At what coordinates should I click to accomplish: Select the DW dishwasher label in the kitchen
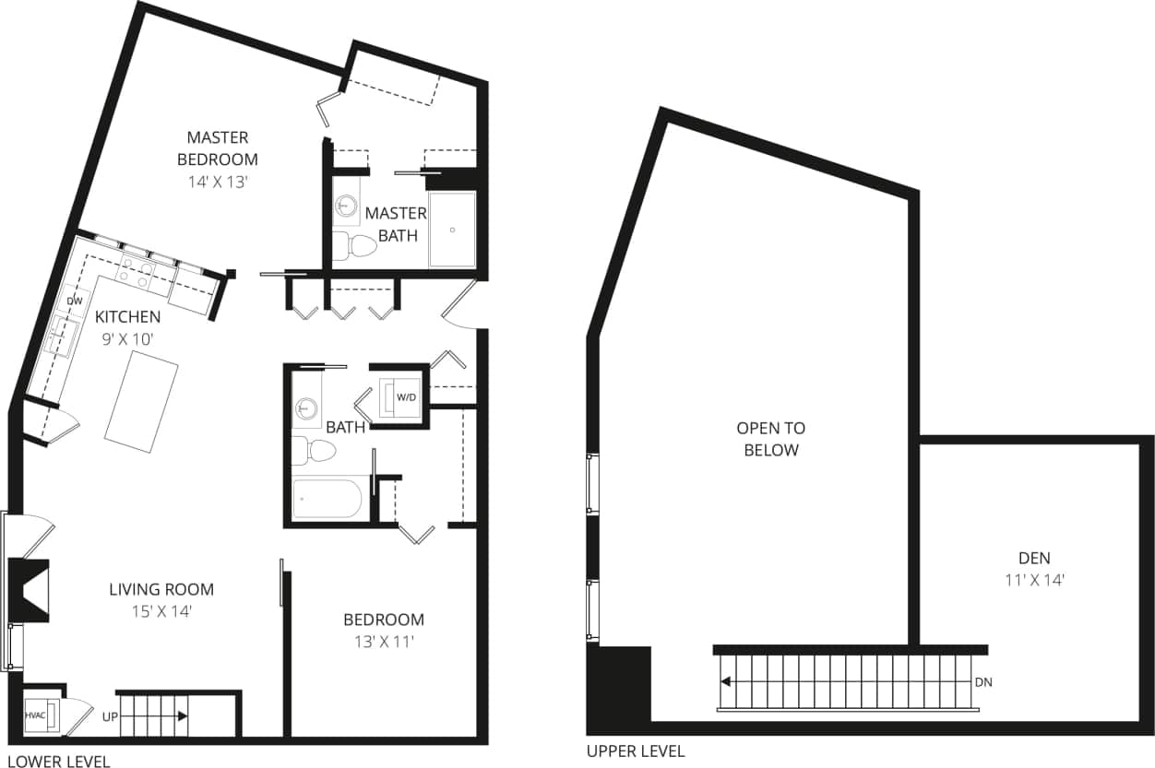point(75,301)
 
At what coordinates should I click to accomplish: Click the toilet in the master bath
point(355,245)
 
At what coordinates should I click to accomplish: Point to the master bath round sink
point(347,206)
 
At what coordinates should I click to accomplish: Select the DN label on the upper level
point(983,682)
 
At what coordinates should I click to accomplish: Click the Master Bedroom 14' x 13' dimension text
point(218,182)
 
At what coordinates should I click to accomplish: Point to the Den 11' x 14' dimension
point(1034,581)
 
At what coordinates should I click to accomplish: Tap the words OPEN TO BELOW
point(770,439)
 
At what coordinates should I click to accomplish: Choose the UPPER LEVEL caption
point(636,751)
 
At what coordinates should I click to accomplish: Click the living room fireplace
point(30,590)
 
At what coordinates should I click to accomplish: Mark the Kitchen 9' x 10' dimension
point(128,338)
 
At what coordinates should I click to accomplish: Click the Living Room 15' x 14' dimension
point(161,610)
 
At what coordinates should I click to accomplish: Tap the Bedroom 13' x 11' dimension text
point(384,641)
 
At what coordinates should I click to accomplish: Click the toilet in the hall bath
point(314,451)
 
